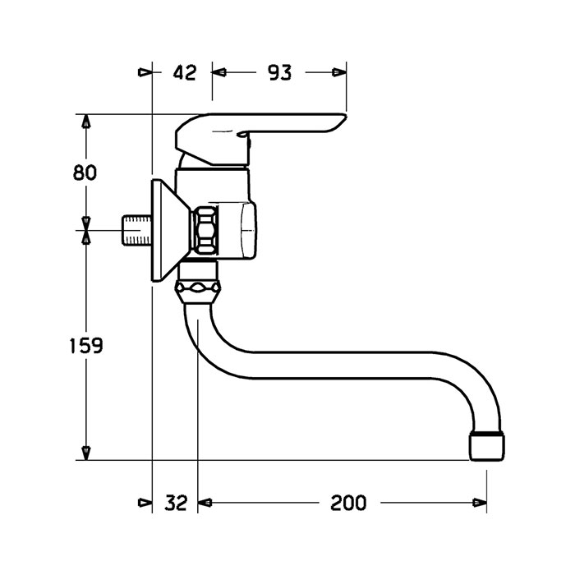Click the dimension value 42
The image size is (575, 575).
pos(185,72)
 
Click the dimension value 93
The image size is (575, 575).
pos(279,72)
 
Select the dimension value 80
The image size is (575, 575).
pos(85,172)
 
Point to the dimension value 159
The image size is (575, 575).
pos(86,346)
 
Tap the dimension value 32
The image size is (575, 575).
pos(176,503)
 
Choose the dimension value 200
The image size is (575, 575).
pos(348,503)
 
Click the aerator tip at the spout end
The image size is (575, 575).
pos(487,447)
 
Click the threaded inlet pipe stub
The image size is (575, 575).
pos(136,230)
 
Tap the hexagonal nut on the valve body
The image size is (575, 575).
pos(205,230)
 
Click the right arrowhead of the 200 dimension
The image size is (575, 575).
pos(480,503)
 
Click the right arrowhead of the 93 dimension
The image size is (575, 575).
pos(339,72)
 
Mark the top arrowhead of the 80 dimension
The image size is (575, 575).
pos(86,121)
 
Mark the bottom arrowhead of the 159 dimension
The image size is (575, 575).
pos(86,453)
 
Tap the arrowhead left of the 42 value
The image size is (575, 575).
pos(145,72)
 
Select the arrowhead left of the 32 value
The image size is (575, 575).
pos(145,503)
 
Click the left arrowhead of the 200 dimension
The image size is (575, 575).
pos(205,503)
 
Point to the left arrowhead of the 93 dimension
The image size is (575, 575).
pos(219,72)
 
